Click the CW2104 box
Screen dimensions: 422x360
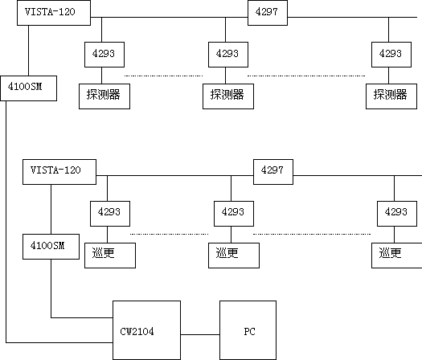click(146, 330)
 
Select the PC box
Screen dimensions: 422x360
click(248, 330)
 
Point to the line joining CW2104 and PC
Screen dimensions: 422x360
click(200, 335)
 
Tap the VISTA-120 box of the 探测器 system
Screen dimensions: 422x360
click(54, 13)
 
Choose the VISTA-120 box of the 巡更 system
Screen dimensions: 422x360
click(59, 172)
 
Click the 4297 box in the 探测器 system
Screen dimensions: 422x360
click(268, 13)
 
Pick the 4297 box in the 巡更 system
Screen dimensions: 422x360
click(273, 172)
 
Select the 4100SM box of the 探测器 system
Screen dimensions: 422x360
click(28, 88)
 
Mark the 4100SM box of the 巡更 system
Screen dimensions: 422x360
click(51, 247)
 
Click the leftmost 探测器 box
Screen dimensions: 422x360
click(104, 96)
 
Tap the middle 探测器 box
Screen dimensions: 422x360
click(228, 96)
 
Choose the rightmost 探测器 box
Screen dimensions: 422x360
click(391, 96)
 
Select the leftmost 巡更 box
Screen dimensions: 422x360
click(110, 256)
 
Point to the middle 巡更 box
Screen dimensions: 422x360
click(234, 256)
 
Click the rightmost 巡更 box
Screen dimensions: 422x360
click(397, 256)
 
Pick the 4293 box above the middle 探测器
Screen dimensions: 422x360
click(228, 55)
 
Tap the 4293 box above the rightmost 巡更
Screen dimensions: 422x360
click(397, 214)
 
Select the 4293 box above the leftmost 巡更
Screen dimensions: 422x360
click(110, 214)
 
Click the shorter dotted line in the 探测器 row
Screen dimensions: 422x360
click(163, 76)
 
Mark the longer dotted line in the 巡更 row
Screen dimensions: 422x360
click(312, 234)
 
